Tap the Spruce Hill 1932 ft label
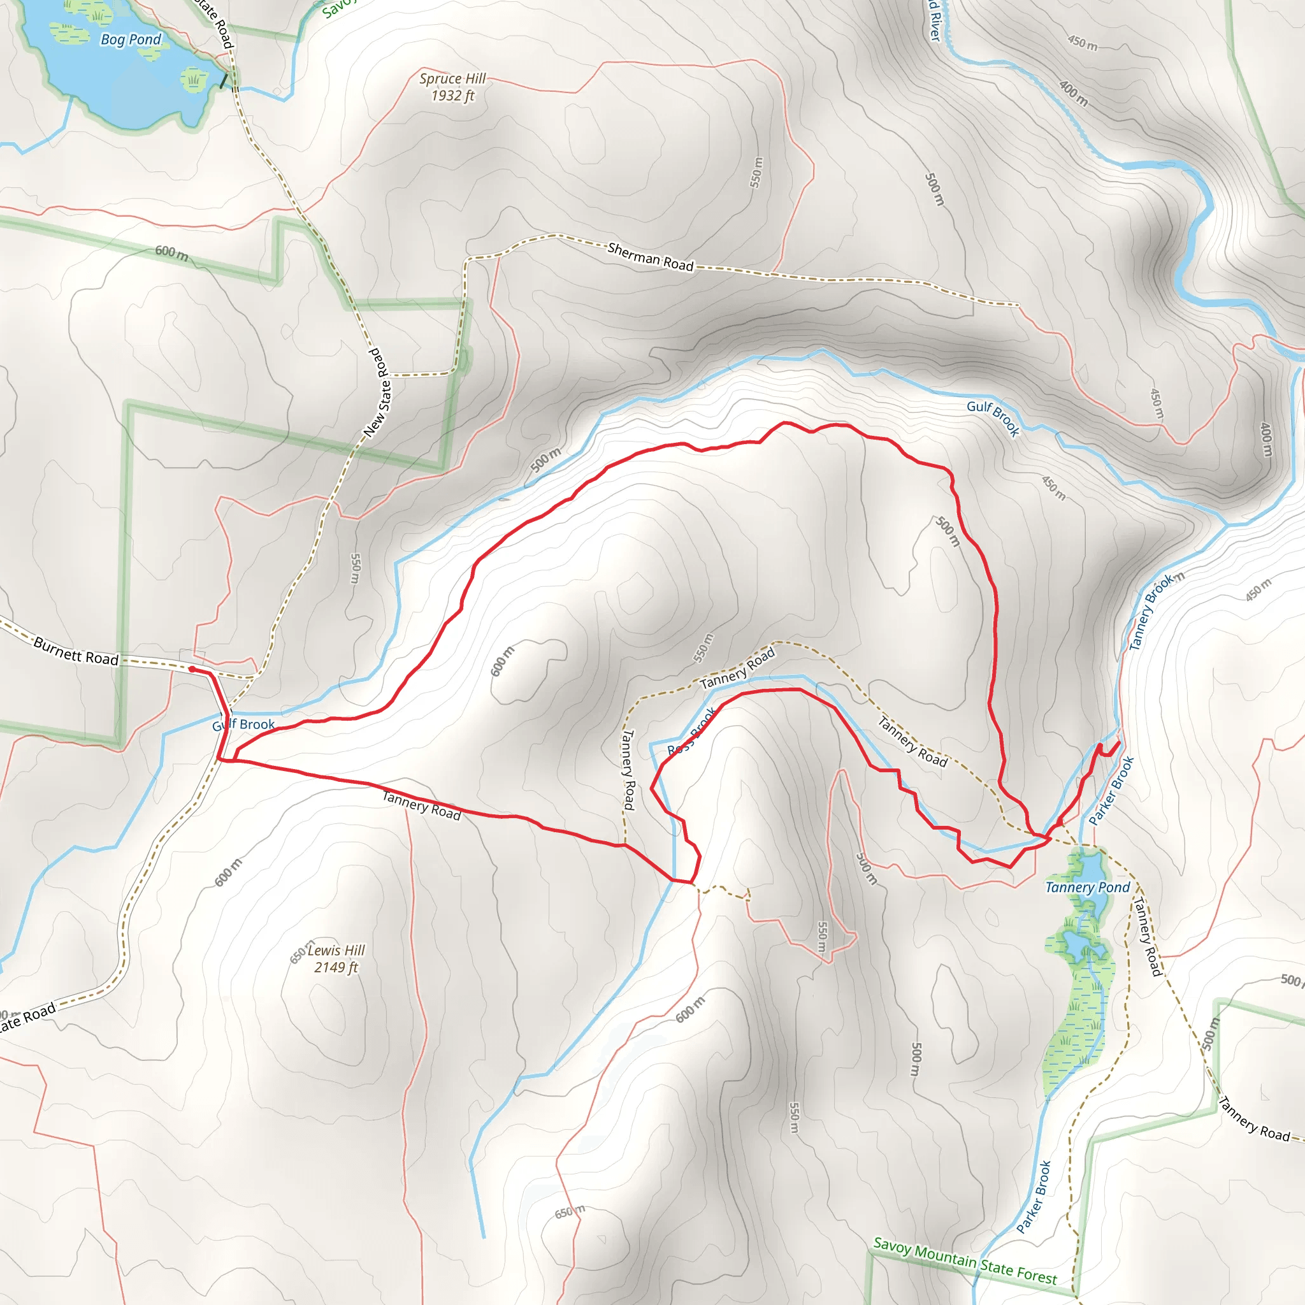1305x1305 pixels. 452,87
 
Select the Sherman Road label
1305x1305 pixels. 651,257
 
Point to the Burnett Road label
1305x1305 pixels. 76,651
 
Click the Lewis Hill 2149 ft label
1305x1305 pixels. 336,958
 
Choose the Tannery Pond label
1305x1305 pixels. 1088,888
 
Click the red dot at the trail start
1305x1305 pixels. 192,668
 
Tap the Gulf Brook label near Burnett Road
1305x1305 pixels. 243,725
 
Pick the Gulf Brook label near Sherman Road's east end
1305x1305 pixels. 993,418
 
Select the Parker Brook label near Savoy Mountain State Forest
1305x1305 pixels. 1034,1196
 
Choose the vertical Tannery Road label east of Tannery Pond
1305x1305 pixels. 1146,936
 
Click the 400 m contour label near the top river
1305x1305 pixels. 1073,93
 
